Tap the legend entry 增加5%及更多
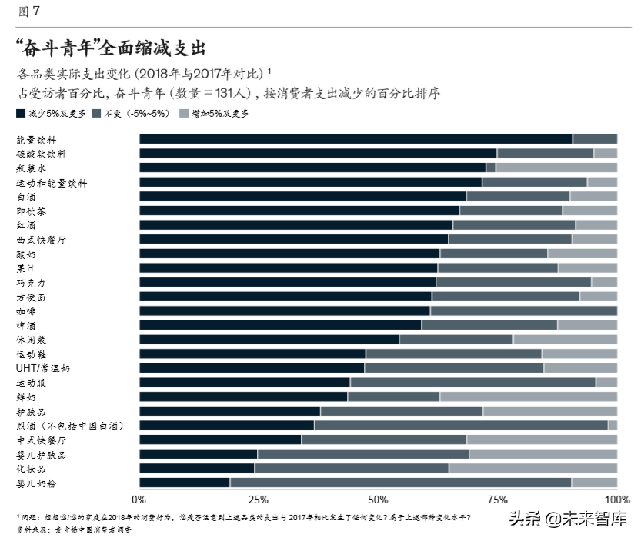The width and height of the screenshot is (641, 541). tap(219, 113)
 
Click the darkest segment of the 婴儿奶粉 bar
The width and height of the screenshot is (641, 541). tap(184, 483)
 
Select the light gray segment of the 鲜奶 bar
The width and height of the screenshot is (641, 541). tap(528, 397)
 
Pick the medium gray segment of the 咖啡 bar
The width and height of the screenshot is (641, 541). tap(523, 310)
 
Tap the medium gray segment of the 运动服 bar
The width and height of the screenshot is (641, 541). tap(472, 382)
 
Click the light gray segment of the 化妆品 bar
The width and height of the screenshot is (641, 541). tap(532, 468)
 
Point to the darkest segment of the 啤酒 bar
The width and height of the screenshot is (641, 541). tap(280, 325)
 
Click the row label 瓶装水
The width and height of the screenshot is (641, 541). tap(32, 168)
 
